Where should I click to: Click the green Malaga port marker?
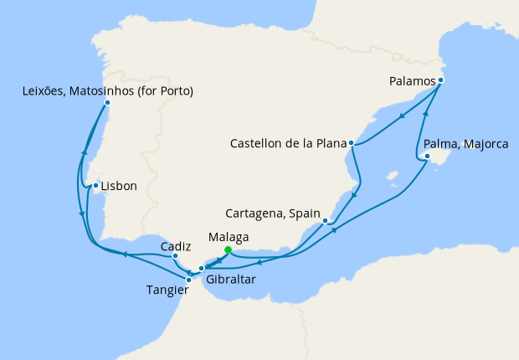coord(228,249)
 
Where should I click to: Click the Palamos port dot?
coord(440,80)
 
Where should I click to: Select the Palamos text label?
coord(413,81)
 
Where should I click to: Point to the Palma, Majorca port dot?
coord(427,156)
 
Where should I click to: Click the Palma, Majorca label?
coord(466,145)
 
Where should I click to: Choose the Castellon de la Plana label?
coord(287,144)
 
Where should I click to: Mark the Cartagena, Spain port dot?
coord(325,221)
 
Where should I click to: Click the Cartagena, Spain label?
coord(272,214)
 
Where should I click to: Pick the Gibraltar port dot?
coord(201,269)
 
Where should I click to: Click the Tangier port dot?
coord(188,280)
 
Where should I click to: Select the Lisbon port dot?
coord(96,186)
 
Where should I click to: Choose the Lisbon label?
coord(118,186)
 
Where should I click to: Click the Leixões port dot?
coord(107,103)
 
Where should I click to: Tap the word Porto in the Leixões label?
coord(174,90)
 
